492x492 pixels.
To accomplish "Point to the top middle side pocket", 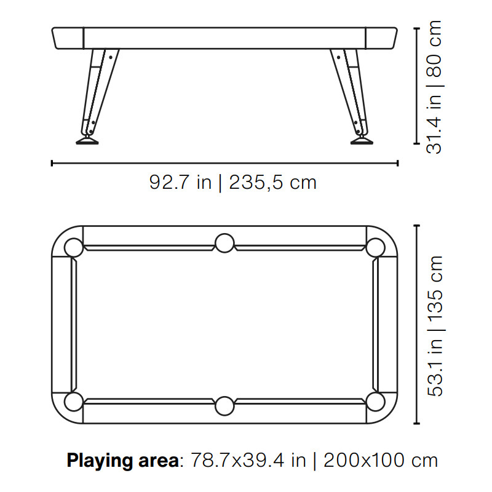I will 224,243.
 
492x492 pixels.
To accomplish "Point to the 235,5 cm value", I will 272,183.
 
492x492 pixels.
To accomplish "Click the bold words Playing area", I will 122,460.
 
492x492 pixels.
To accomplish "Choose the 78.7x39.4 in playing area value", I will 248,460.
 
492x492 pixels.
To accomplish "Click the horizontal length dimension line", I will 224,163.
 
